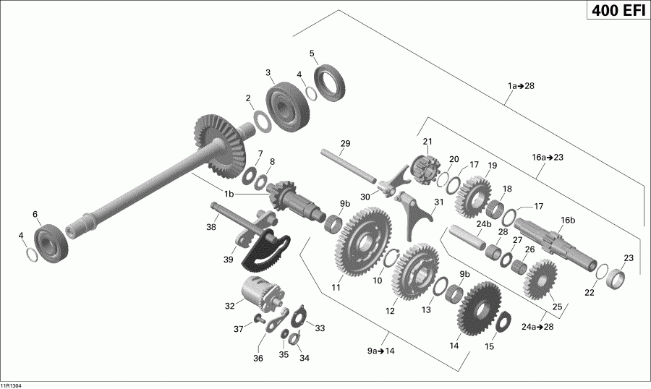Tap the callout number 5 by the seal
click(x=312, y=53)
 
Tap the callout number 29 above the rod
click(x=345, y=144)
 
